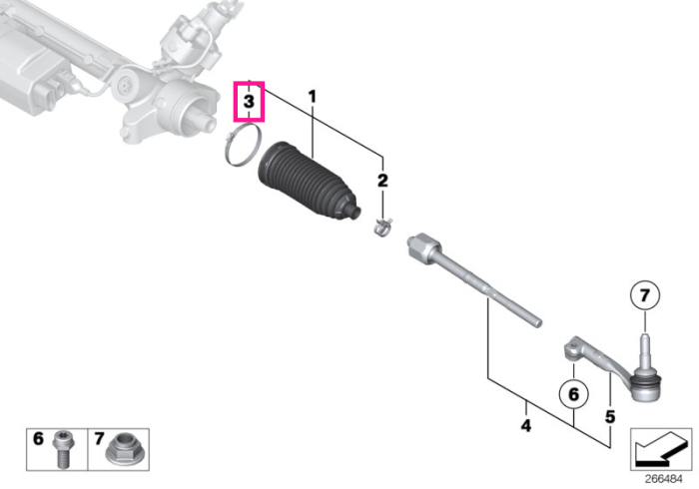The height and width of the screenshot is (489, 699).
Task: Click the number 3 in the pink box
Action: pyautogui.click(x=249, y=101)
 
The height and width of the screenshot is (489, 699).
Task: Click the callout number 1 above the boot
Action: pyautogui.click(x=312, y=96)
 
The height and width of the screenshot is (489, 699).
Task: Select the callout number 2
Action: pyautogui.click(x=382, y=181)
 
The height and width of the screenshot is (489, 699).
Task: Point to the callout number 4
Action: pyautogui.click(x=526, y=426)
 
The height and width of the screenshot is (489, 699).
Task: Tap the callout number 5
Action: pyautogui.click(x=610, y=417)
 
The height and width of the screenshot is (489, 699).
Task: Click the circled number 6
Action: pyautogui.click(x=574, y=394)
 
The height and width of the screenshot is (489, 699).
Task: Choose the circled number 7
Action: pyautogui.click(x=645, y=294)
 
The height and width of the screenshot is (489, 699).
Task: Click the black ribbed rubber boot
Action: pyautogui.click(x=307, y=181)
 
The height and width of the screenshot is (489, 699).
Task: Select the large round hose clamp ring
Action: pyautogui.click(x=242, y=145)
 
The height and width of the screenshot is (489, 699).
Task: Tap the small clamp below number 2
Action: pyautogui.click(x=382, y=228)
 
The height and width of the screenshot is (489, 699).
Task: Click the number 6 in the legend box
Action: pyautogui.click(x=38, y=439)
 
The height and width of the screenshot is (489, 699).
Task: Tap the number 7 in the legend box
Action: pyautogui.click(x=99, y=439)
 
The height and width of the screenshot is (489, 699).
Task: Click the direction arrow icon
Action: pyautogui.click(x=661, y=449)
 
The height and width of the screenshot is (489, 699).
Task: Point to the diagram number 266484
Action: pyautogui.click(x=663, y=479)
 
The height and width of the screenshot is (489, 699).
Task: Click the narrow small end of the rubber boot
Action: pyautogui.click(x=353, y=212)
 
